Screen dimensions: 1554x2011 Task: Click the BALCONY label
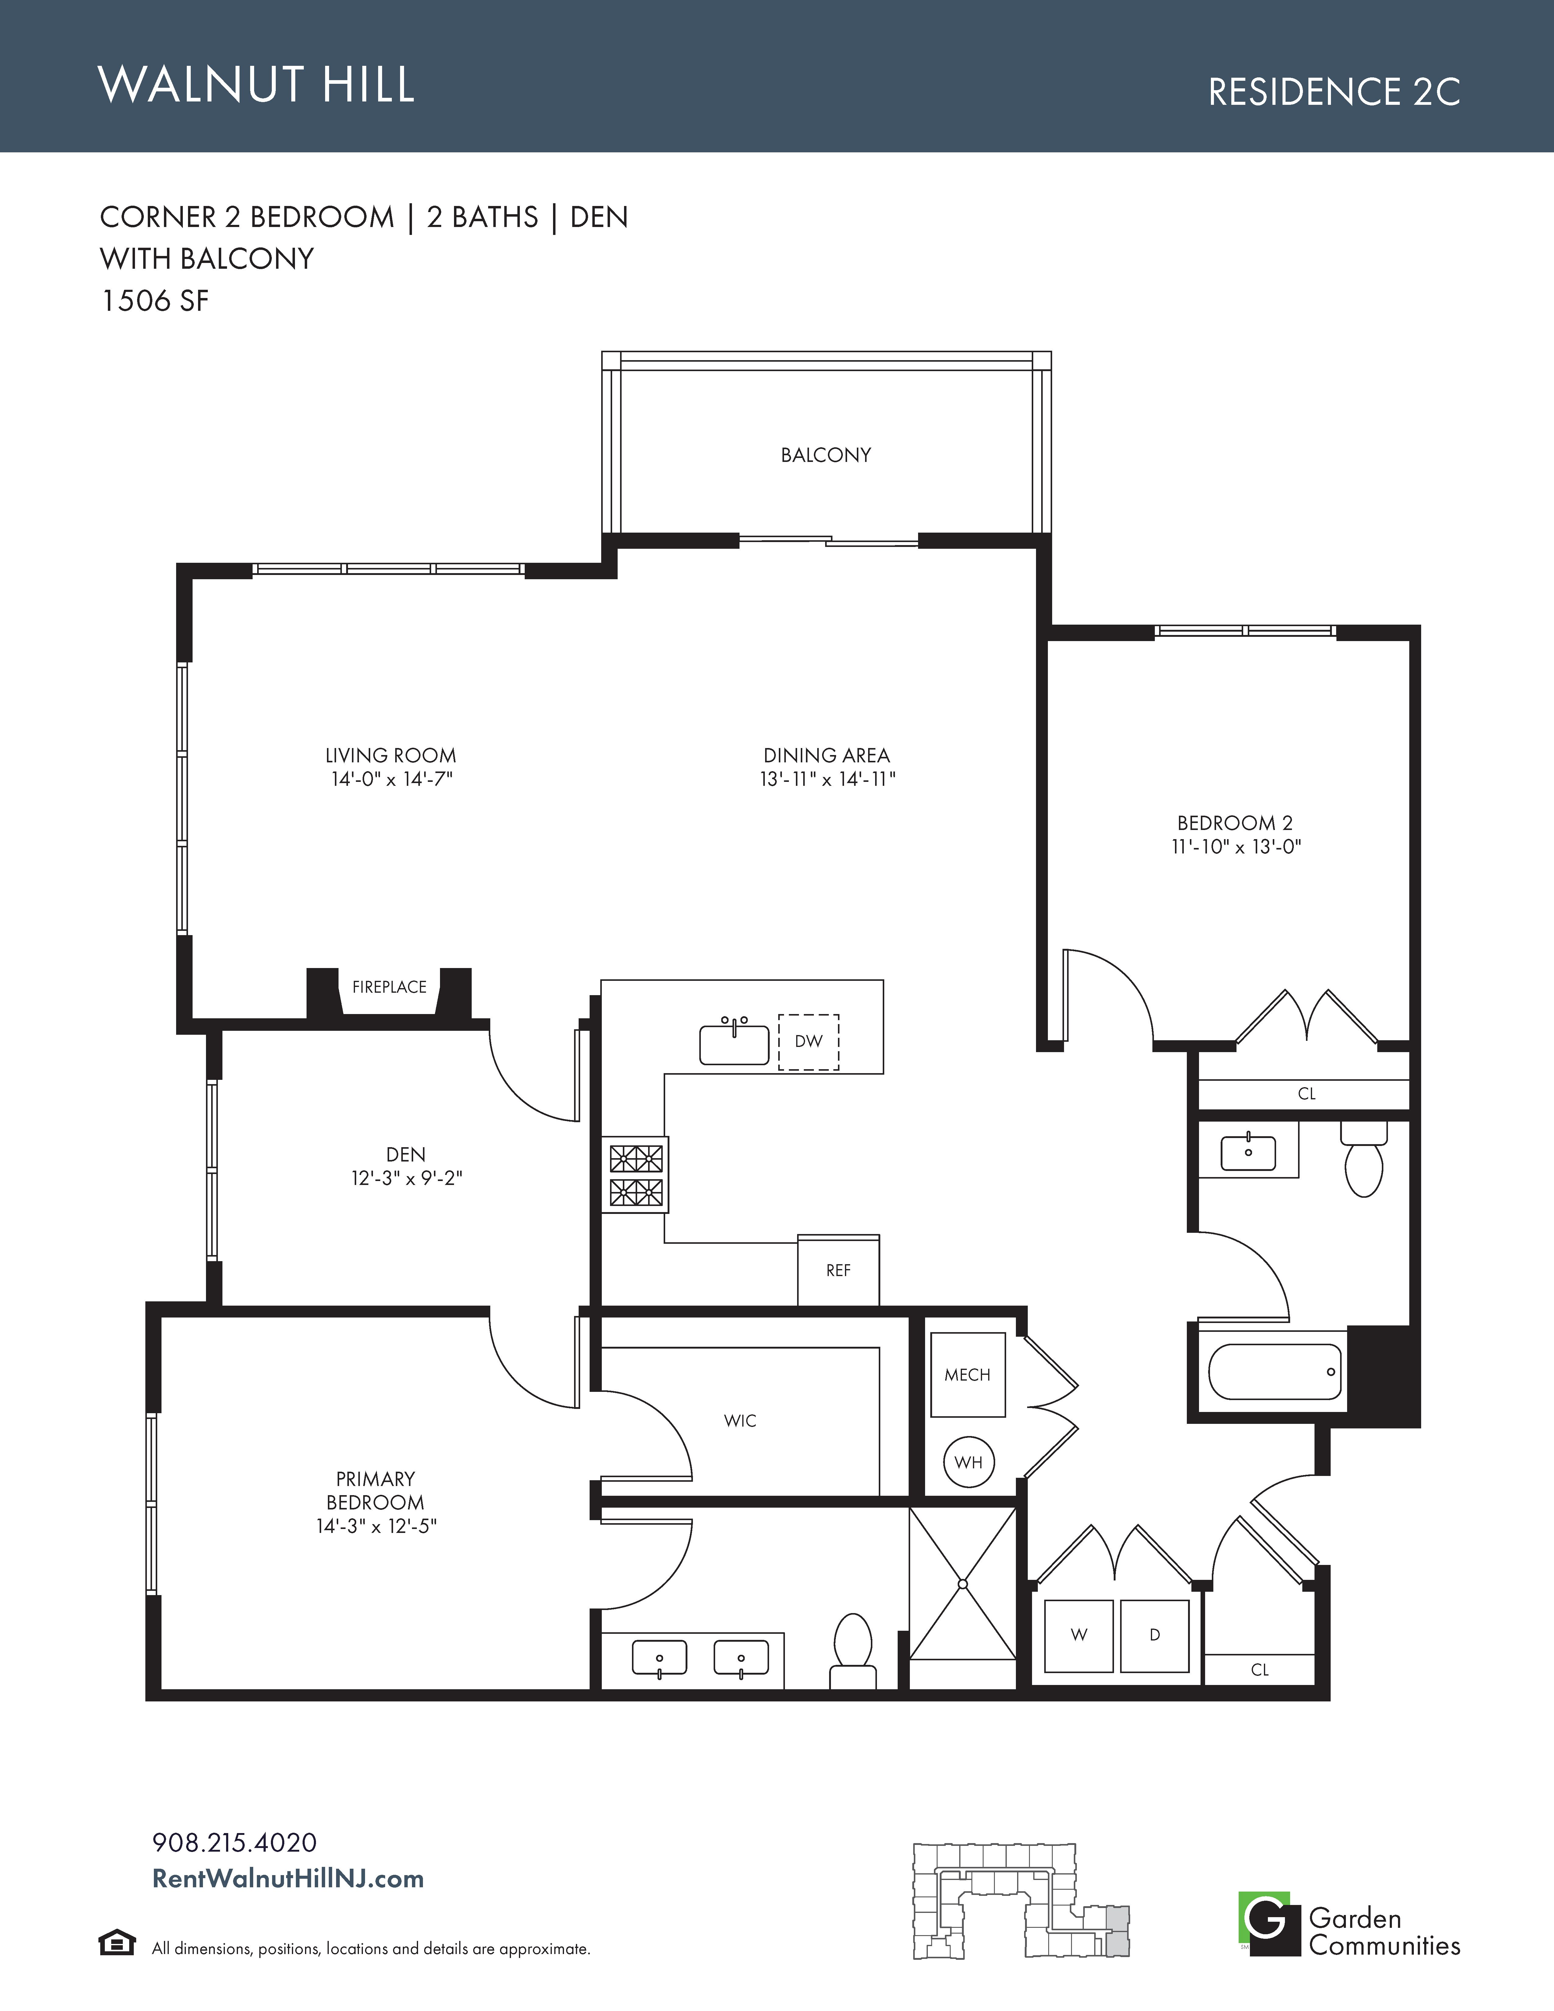click(826, 455)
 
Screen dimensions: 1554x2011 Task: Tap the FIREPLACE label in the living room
click(389, 987)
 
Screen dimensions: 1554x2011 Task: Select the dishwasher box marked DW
click(808, 1041)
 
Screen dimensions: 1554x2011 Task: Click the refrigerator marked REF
click(838, 1270)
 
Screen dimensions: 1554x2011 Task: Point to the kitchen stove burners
click(636, 1175)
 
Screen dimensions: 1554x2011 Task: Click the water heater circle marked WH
click(968, 1462)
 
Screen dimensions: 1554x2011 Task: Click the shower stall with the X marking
click(963, 1584)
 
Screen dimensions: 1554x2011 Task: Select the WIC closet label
click(740, 1421)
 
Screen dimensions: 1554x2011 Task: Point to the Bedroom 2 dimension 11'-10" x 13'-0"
click(1236, 847)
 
